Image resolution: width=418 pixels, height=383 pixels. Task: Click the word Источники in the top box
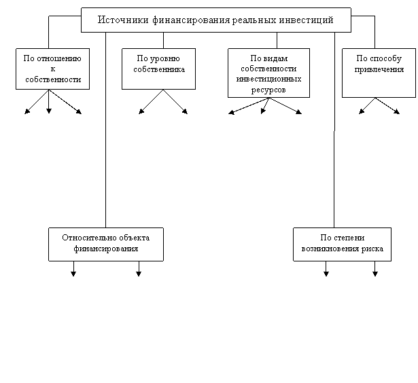coord(123,20)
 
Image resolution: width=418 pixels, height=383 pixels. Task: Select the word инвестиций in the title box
coord(307,20)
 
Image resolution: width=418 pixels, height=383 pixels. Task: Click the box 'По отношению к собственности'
coord(52,69)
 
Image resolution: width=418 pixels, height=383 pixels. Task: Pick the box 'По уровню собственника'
coord(158,69)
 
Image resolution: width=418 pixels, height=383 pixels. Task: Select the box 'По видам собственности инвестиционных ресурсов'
coord(268,73)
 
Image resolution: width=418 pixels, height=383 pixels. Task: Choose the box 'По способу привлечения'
coord(379,73)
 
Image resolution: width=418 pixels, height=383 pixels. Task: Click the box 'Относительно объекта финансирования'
coord(106,244)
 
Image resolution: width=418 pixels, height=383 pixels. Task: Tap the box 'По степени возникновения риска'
coord(343,244)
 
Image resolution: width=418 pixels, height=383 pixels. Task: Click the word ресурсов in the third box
coord(268,90)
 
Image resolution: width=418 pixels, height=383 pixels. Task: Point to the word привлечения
coord(379,69)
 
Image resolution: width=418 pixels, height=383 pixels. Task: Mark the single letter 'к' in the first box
coord(53,69)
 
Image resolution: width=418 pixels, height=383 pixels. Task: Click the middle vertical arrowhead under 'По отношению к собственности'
coord(49,111)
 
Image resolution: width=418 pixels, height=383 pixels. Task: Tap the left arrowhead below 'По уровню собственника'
coord(141,111)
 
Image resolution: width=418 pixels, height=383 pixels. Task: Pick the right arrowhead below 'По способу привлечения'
coord(397,111)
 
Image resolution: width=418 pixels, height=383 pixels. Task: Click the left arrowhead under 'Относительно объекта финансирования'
coord(73,274)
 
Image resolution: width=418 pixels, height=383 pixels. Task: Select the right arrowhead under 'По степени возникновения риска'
coord(375,274)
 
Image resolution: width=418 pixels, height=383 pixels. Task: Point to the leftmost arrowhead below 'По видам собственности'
coord(231,113)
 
